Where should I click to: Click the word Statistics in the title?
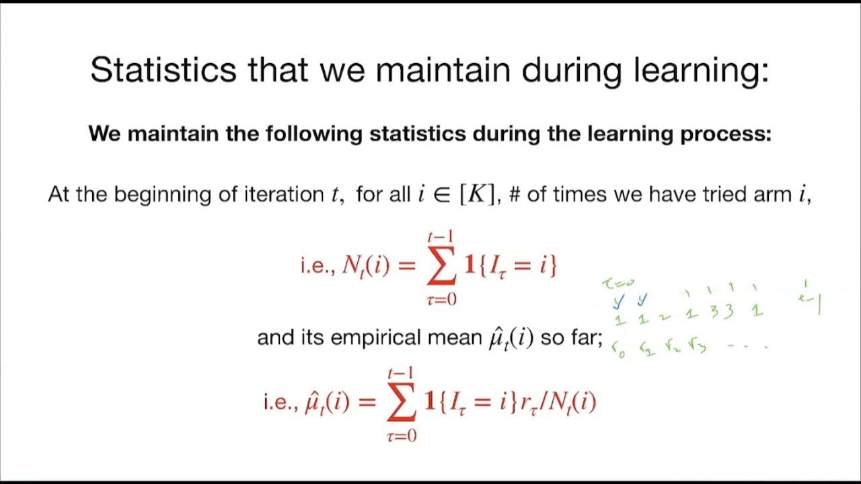(163, 70)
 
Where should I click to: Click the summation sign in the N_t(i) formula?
(442, 266)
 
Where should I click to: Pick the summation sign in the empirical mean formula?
(402, 402)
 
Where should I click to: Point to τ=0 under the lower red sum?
(402, 436)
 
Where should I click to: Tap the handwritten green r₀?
(617, 349)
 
